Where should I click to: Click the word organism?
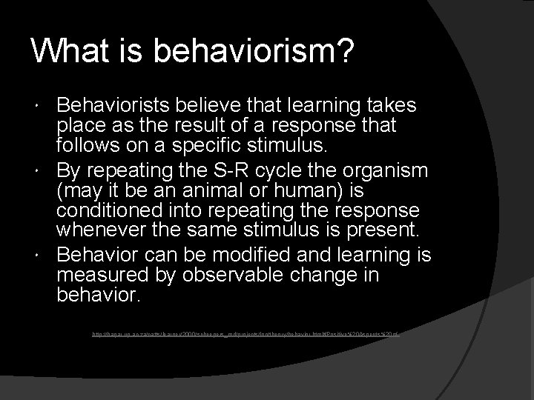click(386, 170)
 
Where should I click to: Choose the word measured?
click(100, 275)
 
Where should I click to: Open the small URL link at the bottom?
click(245, 335)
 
